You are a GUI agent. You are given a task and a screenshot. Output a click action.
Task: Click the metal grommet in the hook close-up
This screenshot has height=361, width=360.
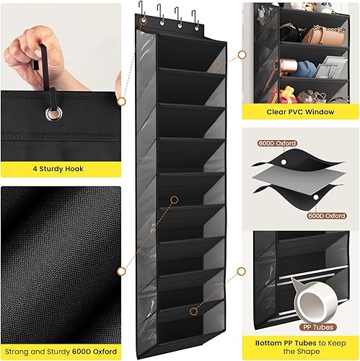coord(53,113)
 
